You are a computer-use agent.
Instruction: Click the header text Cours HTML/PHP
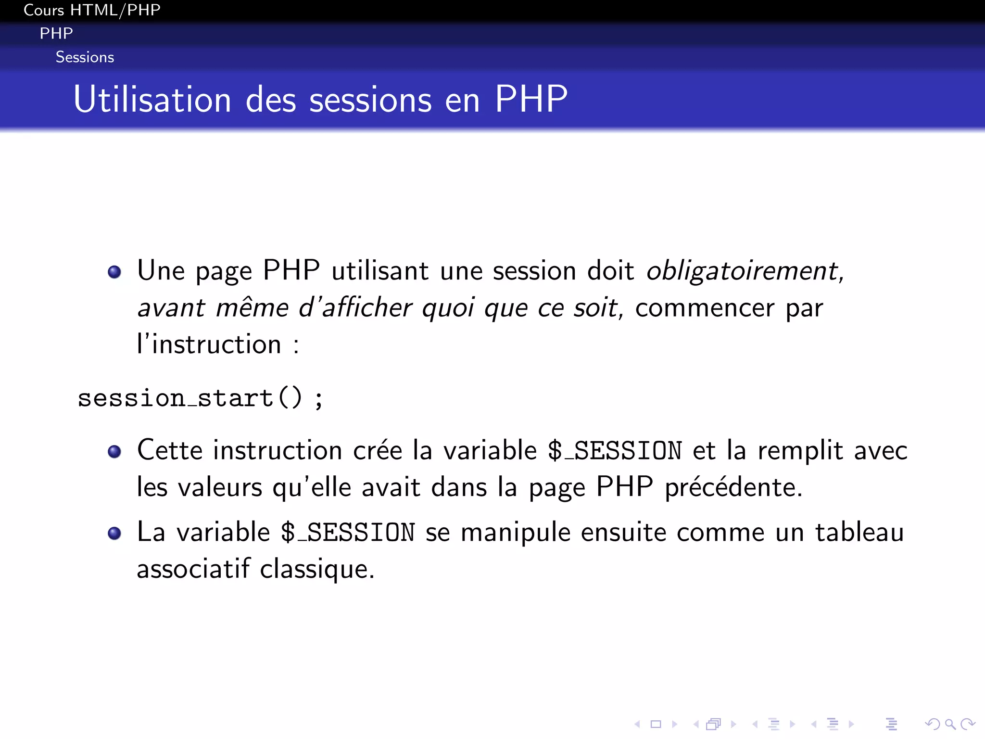point(92,10)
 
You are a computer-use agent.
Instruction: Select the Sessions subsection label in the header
point(85,57)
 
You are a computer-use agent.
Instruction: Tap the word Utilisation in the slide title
point(152,100)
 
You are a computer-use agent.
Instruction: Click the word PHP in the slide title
point(531,100)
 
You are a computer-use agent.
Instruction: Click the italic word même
point(252,308)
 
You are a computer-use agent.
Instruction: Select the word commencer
point(705,308)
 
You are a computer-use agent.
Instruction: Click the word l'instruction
point(209,344)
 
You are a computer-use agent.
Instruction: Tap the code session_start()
point(190,398)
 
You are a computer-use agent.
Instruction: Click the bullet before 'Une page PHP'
point(114,272)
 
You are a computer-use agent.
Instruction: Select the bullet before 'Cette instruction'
point(114,452)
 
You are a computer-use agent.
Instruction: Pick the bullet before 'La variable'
point(114,534)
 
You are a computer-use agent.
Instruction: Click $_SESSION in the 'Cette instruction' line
point(615,451)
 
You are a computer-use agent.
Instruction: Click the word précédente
point(733,487)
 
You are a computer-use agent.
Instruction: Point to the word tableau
point(859,533)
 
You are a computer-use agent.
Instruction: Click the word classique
point(316,570)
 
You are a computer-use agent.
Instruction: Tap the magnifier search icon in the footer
point(950,724)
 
